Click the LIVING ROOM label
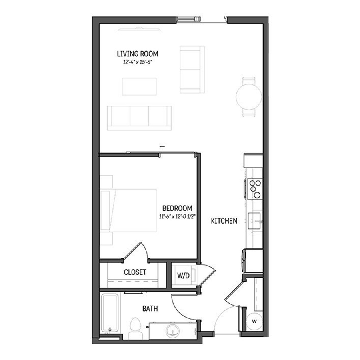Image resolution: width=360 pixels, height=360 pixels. click(138, 54)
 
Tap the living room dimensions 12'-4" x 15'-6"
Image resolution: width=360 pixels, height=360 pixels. click(138, 62)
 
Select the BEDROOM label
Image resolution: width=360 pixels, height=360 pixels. click(177, 208)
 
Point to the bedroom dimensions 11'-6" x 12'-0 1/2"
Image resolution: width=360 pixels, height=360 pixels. click(177, 216)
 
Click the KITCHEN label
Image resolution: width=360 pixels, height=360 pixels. click(224, 221)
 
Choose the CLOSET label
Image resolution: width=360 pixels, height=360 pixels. click(135, 272)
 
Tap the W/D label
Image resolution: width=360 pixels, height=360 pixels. click(183, 276)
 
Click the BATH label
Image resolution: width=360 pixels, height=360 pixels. click(150, 308)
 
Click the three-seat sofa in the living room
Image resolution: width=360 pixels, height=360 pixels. click(139, 118)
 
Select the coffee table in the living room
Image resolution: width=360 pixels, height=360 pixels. click(139, 86)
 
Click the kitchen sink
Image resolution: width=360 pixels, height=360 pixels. click(255, 221)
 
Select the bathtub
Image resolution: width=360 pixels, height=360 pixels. click(110, 313)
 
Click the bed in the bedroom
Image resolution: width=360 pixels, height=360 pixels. click(128, 210)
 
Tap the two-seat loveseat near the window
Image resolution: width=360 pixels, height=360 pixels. click(192, 70)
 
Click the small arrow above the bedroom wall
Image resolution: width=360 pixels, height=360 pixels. click(162, 146)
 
